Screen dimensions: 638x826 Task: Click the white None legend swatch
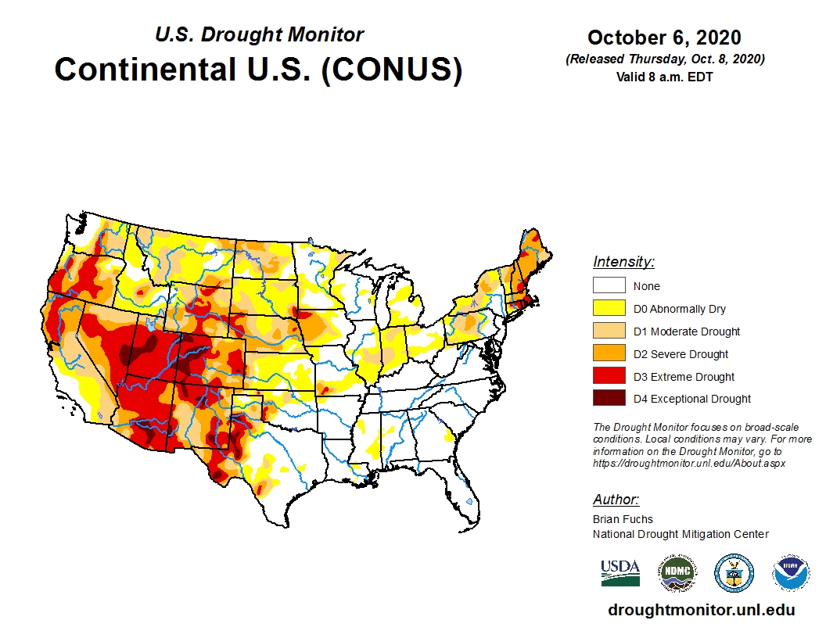(609, 286)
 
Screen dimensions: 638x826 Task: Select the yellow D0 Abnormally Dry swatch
(609, 309)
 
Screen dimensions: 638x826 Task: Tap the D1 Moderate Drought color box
(609, 332)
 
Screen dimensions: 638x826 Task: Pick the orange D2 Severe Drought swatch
(609, 354)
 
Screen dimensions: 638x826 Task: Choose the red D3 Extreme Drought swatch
(609, 377)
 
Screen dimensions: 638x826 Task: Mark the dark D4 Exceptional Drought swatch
(609, 399)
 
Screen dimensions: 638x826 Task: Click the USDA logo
(620, 572)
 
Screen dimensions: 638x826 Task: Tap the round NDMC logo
(677, 573)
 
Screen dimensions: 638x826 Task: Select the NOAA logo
(791, 573)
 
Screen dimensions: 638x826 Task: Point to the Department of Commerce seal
(734, 573)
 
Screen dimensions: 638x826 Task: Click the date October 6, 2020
(664, 38)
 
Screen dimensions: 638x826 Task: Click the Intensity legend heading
(623, 262)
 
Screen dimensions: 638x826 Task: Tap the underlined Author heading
(616, 500)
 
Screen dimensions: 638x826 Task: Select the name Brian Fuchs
(623, 519)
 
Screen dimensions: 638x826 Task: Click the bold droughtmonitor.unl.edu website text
(701, 611)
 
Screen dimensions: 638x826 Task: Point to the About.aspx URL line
(688, 463)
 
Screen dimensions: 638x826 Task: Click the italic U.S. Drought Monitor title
(259, 35)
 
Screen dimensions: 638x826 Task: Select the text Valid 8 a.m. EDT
(664, 77)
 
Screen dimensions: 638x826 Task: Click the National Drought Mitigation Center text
(681, 534)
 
